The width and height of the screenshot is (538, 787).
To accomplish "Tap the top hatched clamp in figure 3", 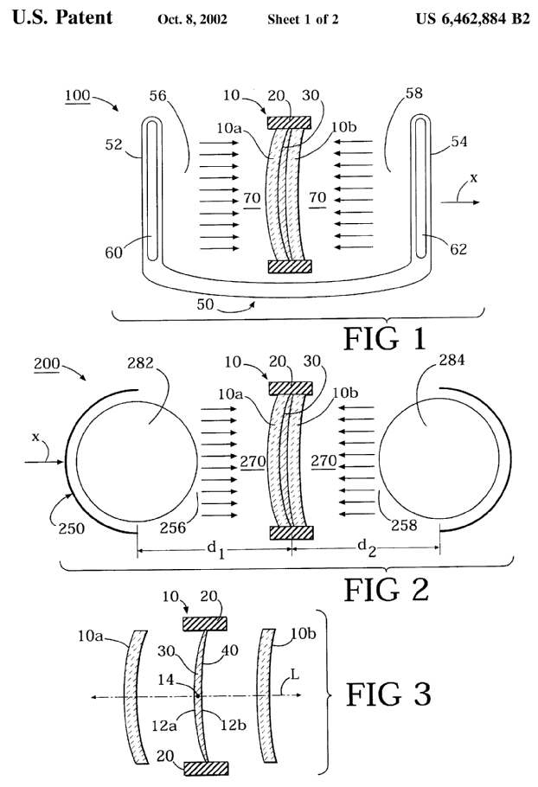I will [x=204, y=622].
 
